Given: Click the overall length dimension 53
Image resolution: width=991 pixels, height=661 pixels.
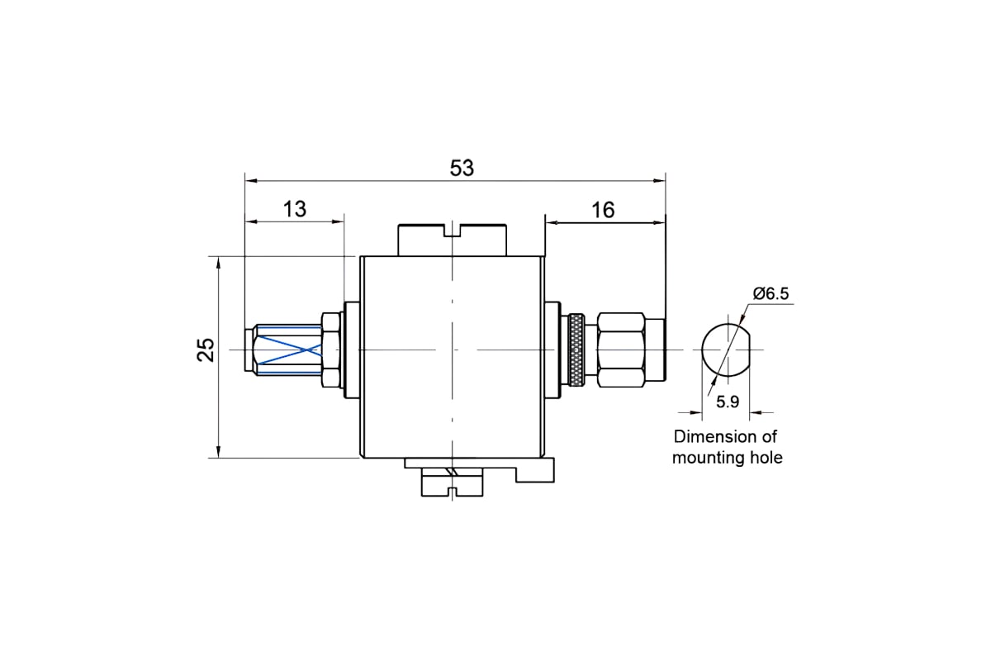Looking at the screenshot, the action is click(462, 169).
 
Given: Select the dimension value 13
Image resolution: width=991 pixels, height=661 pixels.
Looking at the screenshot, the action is click(294, 209).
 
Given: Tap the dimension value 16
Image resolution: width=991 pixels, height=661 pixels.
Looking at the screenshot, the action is click(603, 211).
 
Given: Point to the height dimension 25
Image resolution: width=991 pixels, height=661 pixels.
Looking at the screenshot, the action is click(206, 350).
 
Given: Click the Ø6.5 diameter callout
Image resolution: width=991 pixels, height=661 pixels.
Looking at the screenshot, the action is click(771, 293).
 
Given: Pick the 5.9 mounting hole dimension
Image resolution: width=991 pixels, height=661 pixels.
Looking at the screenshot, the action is click(728, 402).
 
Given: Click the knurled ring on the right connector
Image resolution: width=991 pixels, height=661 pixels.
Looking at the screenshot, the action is click(576, 350).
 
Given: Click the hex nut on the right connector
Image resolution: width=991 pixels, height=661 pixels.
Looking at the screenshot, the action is click(620, 350).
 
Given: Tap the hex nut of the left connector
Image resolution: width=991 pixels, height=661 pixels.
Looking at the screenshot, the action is click(330, 350).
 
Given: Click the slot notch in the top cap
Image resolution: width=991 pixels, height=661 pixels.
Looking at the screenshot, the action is click(452, 231).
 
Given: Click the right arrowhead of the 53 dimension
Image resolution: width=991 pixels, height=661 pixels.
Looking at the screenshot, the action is click(660, 181).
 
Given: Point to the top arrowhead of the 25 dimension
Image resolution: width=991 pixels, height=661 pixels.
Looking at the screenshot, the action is click(218, 263).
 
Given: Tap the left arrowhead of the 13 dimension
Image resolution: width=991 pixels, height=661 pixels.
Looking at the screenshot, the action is click(251, 221).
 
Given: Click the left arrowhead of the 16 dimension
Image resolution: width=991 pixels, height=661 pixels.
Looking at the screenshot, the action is click(552, 223).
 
